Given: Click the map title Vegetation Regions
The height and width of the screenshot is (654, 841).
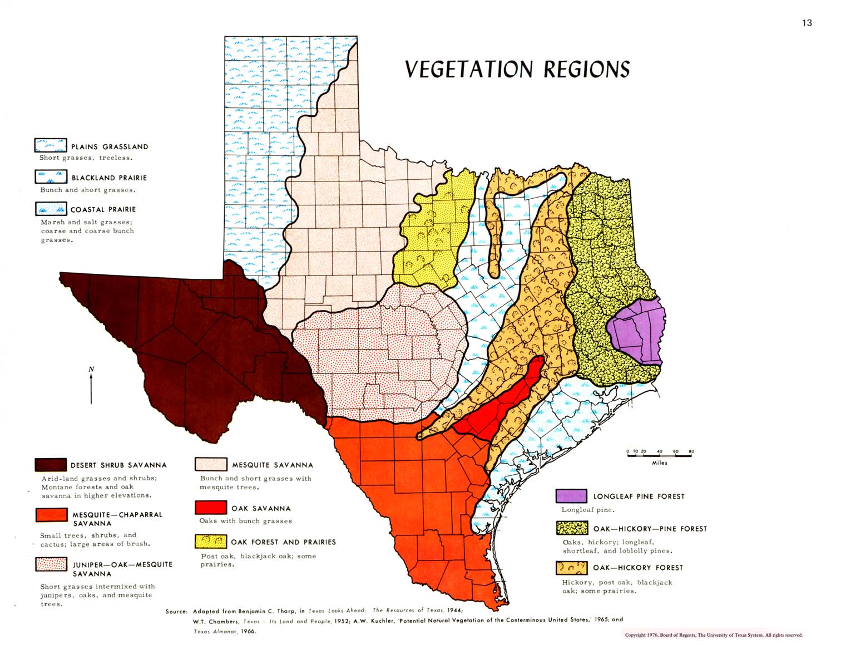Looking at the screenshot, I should (517, 69).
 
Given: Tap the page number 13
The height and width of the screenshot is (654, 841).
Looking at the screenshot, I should (807, 23).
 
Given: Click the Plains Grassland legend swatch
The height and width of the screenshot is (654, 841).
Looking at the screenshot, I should (51, 146).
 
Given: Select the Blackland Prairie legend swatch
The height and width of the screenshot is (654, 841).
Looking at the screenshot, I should (51, 177).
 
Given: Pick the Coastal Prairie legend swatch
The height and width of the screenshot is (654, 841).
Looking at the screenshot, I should (51, 209).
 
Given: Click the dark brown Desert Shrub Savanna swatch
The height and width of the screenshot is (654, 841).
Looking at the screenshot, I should (51, 465).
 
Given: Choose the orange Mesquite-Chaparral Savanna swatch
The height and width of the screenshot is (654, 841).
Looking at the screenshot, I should (51, 515).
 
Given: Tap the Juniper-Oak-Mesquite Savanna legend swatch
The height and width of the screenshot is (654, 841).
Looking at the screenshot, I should (51, 564).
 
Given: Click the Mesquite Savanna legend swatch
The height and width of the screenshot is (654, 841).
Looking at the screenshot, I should (211, 464).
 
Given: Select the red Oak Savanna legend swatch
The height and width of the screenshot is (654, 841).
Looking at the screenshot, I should (211, 507).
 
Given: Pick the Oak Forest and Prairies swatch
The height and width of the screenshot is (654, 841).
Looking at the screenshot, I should (211, 541).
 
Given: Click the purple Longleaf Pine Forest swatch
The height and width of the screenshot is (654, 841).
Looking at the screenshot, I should (571, 495).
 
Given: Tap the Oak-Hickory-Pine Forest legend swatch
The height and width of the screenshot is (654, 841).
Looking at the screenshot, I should (572, 528).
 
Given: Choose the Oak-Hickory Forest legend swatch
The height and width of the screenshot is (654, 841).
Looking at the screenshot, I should (572, 567).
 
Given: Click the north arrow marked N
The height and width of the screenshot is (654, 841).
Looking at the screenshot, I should (91, 385).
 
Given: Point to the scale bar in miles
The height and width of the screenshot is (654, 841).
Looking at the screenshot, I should (659, 455).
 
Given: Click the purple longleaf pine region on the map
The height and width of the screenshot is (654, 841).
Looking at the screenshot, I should (637, 331).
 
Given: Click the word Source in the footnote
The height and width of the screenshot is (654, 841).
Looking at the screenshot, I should (176, 611).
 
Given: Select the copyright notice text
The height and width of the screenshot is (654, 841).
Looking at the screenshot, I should (714, 635).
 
